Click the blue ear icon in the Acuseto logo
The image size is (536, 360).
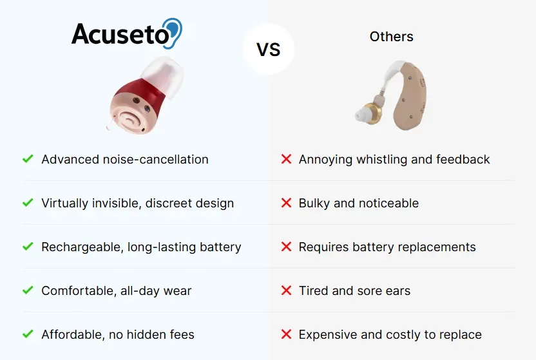[174, 32]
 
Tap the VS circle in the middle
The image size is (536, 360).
[269, 49]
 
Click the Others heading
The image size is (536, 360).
[392, 37]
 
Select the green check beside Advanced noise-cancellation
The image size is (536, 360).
[28, 159]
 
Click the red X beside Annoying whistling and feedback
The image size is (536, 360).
[286, 159]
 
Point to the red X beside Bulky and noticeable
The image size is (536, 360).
[286, 203]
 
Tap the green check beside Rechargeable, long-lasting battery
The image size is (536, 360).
[28, 246]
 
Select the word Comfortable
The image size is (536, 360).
[78, 290]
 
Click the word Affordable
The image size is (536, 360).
[72, 334]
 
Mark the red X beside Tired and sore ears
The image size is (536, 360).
[286, 290]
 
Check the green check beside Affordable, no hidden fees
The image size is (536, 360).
[28, 334]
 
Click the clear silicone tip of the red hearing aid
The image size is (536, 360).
[164, 77]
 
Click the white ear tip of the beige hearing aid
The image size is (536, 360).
[359, 115]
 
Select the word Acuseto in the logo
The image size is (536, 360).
[120, 34]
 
